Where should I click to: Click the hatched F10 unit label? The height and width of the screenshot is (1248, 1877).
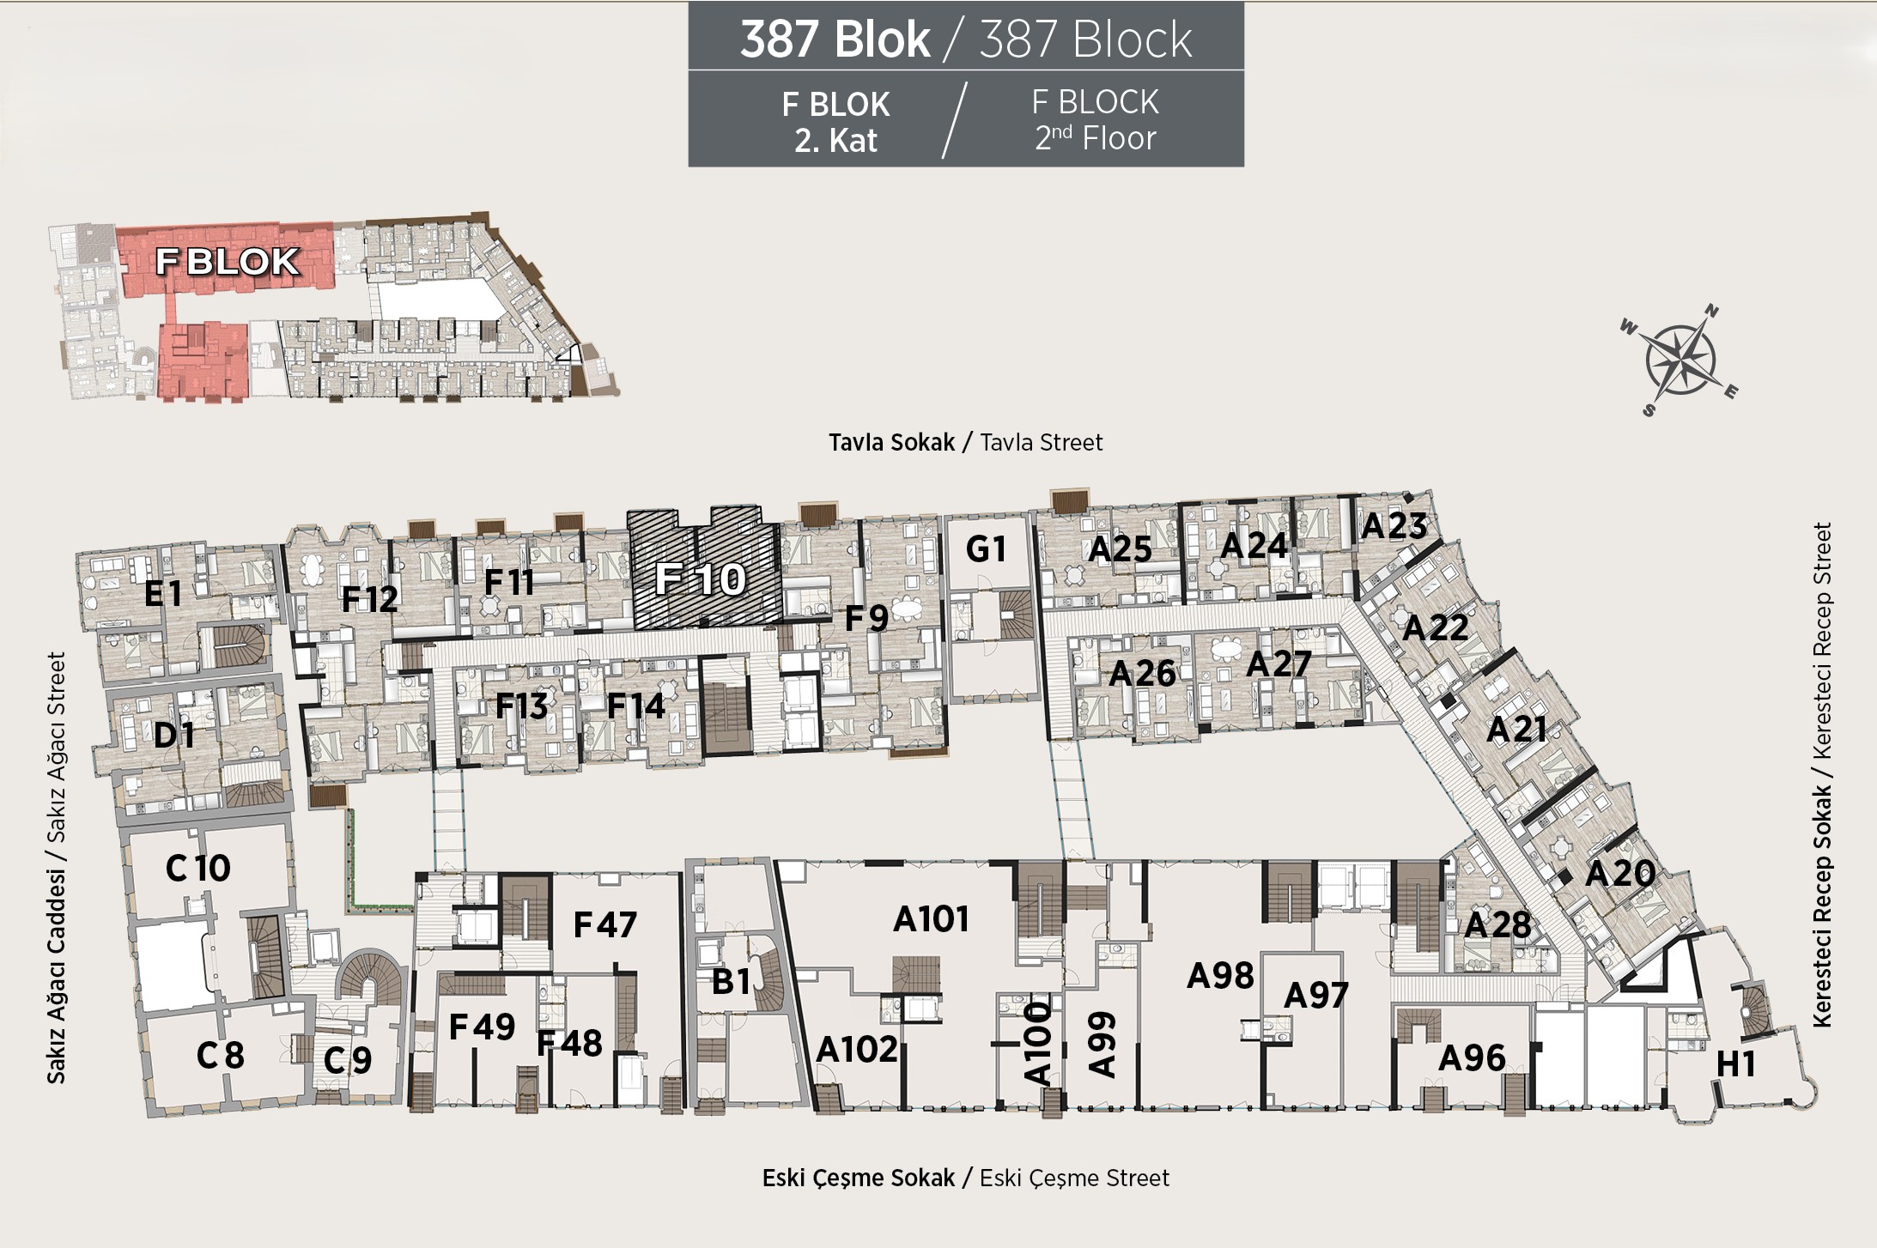pyautogui.click(x=701, y=579)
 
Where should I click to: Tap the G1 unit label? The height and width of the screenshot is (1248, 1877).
pyautogui.click(x=985, y=549)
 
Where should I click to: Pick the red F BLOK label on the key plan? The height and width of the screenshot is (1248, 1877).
pyautogui.click(x=227, y=262)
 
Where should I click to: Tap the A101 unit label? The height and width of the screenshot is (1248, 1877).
pyautogui.click(x=931, y=919)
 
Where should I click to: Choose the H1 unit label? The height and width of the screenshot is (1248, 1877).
pyautogui.click(x=1735, y=1064)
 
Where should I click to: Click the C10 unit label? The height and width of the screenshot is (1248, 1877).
pyautogui.click(x=197, y=868)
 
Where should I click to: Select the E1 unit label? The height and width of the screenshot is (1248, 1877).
pyautogui.click(x=163, y=593)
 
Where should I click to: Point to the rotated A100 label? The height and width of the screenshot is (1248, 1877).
pyautogui.click(x=1037, y=1043)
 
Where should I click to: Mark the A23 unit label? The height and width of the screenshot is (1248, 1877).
pyautogui.click(x=1394, y=525)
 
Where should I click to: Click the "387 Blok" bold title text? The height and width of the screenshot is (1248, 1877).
pyautogui.click(x=835, y=39)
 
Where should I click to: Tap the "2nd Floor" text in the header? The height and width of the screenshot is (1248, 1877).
pyautogui.click(x=1095, y=138)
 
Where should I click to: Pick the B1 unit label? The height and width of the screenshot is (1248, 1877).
pyautogui.click(x=731, y=981)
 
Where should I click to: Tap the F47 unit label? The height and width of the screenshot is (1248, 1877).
pyautogui.click(x=604, y=924)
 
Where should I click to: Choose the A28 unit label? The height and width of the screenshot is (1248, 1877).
pyautogui.click(x=1497, y=924)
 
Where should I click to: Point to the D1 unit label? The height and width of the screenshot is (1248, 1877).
pyautogui.click(x=173, y=735)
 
